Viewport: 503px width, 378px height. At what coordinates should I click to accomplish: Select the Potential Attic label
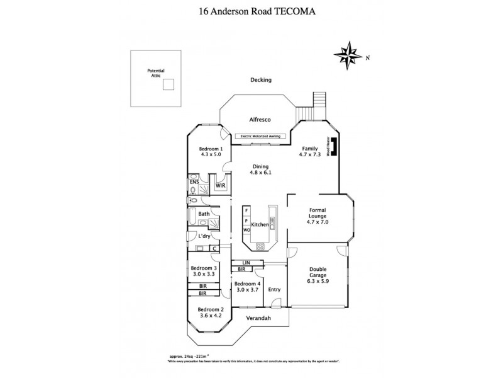(x=154, y=73)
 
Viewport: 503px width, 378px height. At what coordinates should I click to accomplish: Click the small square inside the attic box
(x=168, y=87)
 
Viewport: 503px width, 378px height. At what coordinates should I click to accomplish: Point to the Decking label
(x=260, y=80)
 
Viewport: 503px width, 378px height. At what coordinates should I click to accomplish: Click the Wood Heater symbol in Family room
(x=335, y=147)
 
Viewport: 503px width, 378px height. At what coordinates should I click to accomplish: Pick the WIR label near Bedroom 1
(x=221, y=186)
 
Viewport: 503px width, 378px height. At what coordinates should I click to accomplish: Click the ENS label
(x=194, y=182)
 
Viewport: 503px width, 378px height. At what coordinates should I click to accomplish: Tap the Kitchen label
(x=260, y=225)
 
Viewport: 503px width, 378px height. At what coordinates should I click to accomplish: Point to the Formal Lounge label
(x=317, y=216)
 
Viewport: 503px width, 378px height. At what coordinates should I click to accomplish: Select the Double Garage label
(x=317, y=273)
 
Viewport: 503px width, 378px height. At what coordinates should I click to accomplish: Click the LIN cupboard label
(x=239, y=262)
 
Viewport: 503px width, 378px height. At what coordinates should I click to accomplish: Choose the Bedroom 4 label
(x=246, y=284)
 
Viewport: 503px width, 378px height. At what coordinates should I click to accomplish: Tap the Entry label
(x=274, y=289)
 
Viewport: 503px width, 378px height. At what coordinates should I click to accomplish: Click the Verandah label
(x=258, y=318)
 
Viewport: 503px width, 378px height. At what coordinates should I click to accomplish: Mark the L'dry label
(x=204, y=236)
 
